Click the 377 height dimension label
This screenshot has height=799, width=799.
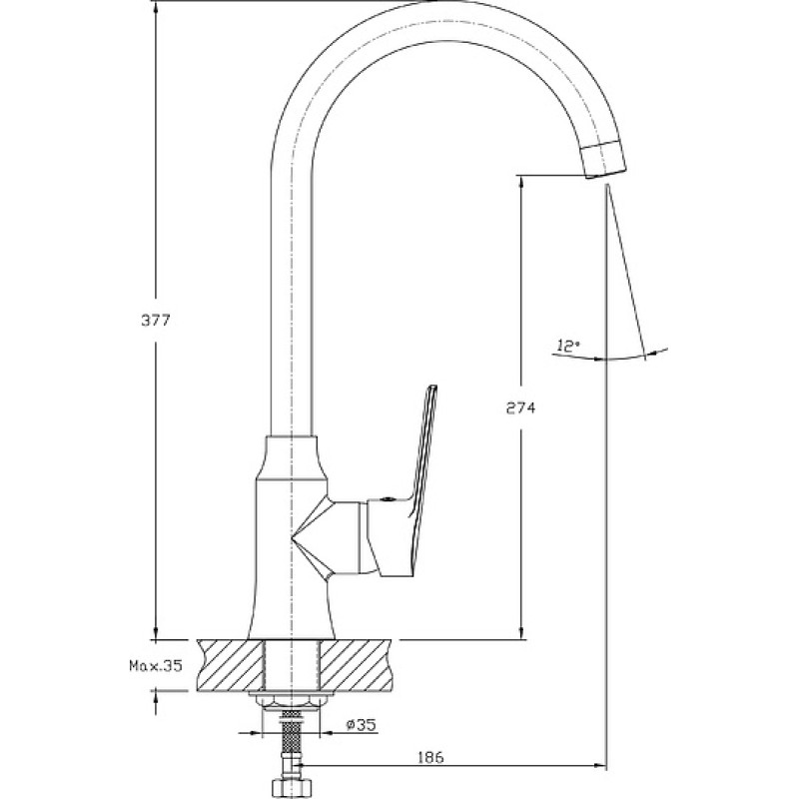click(x=155, y=321)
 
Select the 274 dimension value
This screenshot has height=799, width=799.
click(x=520, y=407)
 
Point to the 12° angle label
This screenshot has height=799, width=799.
click(x=568, y=346)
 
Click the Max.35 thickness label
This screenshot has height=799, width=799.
click(x=156, y=665)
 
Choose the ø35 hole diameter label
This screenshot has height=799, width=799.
click(x=362, y=724)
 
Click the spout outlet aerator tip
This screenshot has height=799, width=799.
click(x=604, y=160)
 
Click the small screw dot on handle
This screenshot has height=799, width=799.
click(x=386, y=500)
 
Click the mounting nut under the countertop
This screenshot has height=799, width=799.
click(x=291, y=700)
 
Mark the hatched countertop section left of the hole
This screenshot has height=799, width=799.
click(x=230, y=665)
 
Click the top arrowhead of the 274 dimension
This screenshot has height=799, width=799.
click(x=520, y=185)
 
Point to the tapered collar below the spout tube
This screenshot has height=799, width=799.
click(x=291, y=457)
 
